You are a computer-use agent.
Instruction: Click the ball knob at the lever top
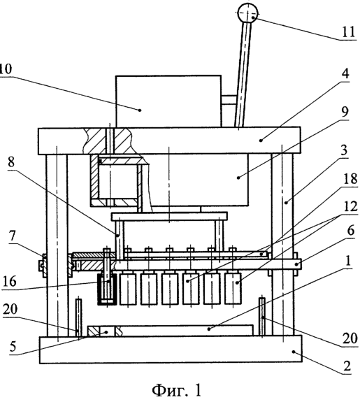[x=247, y=13]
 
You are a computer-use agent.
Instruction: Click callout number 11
[x=348, y=32]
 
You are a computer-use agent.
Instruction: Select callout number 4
[x=345, y=73]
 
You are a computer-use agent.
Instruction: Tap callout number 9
[x=345, y=112]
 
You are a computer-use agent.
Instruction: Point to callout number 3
[x=344, y=150]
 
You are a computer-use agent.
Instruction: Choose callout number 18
[x=350, y=179]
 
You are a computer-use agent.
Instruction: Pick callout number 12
[x=350, y=206]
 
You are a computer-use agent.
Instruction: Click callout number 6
[x=350, y=230]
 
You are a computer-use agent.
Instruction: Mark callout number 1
[x=347, y=261]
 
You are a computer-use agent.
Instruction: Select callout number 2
[x=347, y=366]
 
